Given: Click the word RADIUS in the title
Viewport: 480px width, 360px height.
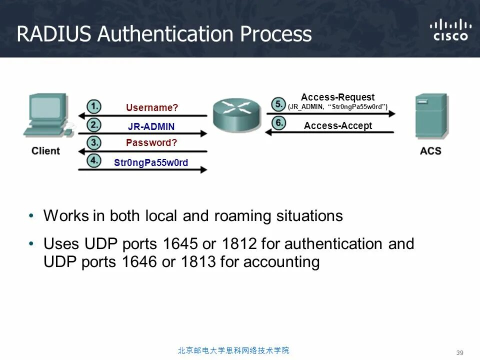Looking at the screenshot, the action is pyautogui.click(x=53, y=34).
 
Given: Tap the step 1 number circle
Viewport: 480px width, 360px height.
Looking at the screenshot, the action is pyautogui.click(x=93, y=106).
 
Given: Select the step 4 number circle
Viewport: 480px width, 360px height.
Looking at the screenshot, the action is pyautogui.click(x=93, y=161).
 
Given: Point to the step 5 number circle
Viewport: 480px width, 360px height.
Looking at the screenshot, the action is pyautogui.click(x=278, y=104).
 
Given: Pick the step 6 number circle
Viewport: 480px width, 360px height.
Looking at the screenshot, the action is pyautogui.click(x=278, y=123).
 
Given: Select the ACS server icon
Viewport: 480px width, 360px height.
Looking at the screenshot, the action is pyautogui.click(x=430, y=116).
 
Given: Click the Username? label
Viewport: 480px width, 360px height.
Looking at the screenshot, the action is pyautogui.click(x=152, y=107).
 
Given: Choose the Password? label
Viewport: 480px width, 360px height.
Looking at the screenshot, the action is pyautogui.click(x=151, y=143).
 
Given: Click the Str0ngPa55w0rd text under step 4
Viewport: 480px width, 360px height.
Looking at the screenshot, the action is pyautogui.click(x=151, y=162).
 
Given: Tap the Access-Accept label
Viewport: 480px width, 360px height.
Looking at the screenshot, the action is pyautogui.click(x=338, y=126).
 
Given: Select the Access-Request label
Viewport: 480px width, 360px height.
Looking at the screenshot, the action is pyautogui.click(x=337, y=97).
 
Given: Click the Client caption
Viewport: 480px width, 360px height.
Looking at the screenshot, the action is pyautogui.click(x=45, y=150).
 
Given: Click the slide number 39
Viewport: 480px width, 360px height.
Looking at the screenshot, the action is pyautogui.click(x=460, y=353).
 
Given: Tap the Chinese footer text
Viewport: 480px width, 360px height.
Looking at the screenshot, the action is pyautogui.click(x=233, y=350).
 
